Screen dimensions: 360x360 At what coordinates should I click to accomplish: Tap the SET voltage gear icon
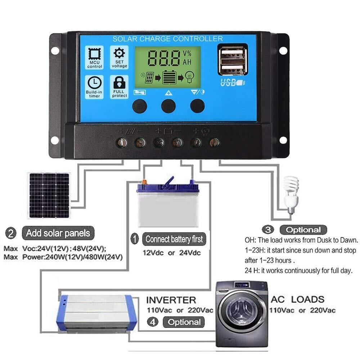pos(119,53)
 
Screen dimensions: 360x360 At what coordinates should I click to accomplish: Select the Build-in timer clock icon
pos(94,83)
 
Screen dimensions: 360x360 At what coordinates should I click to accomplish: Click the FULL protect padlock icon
pos(119,82)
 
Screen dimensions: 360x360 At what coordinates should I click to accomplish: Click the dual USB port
pos(233,60)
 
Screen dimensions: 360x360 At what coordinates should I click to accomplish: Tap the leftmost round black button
pos(140,106)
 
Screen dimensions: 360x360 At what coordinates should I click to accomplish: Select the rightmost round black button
pos(197,106)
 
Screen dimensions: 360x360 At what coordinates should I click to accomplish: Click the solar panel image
pos(49,195)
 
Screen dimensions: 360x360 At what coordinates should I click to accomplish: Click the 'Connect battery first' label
pos(174,239)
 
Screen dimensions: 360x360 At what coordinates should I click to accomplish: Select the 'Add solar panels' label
pos(58,233)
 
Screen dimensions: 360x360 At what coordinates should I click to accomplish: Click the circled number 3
pos(268,230)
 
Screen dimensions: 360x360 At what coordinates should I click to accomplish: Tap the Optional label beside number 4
pos(184,322)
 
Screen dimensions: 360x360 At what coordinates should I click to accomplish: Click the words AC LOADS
pos(298,300)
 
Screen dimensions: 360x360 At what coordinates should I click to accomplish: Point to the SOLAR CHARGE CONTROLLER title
pos(168,39)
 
